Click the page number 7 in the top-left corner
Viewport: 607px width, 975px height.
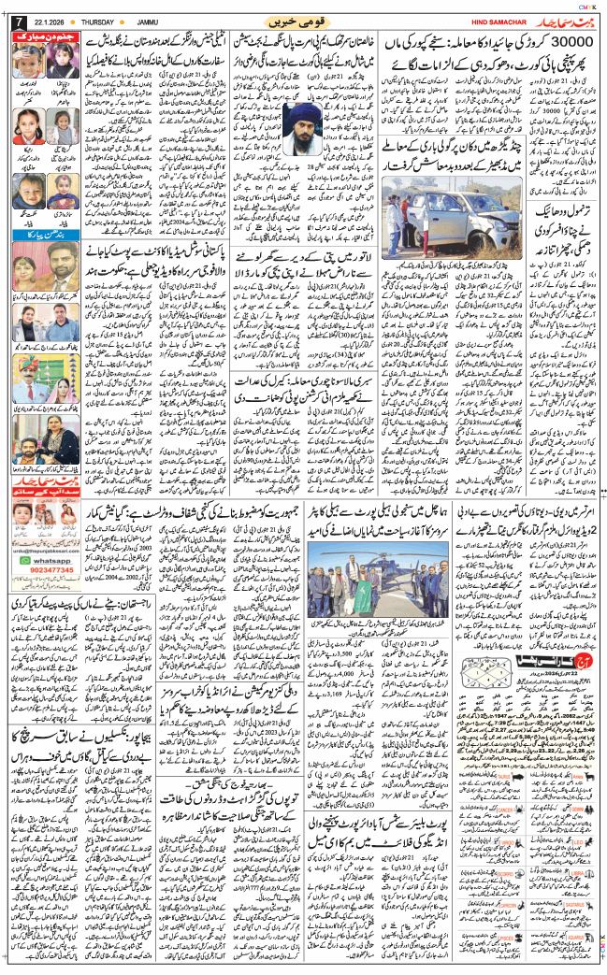(11, 22)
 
